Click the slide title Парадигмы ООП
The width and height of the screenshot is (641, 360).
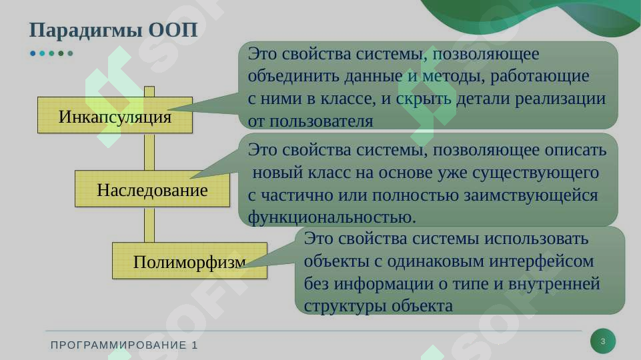(x=113, y=31)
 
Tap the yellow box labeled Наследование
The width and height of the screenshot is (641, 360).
(x=152, y=189)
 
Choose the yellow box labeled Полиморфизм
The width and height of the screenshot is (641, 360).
(x=189, y=261)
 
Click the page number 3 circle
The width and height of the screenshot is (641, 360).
(x=603, y=341)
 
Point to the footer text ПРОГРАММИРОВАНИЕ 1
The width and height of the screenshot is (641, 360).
(x=125, y=345)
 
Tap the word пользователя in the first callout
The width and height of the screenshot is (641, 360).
(x=320, y=121)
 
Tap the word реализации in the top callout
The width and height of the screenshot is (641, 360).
(x=566, y=99)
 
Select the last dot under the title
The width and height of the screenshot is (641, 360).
(x=71, y=53)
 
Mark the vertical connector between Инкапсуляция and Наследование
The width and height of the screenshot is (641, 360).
(x=149, y=151)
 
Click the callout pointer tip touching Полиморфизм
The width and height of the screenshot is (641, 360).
(x=244, y=265)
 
